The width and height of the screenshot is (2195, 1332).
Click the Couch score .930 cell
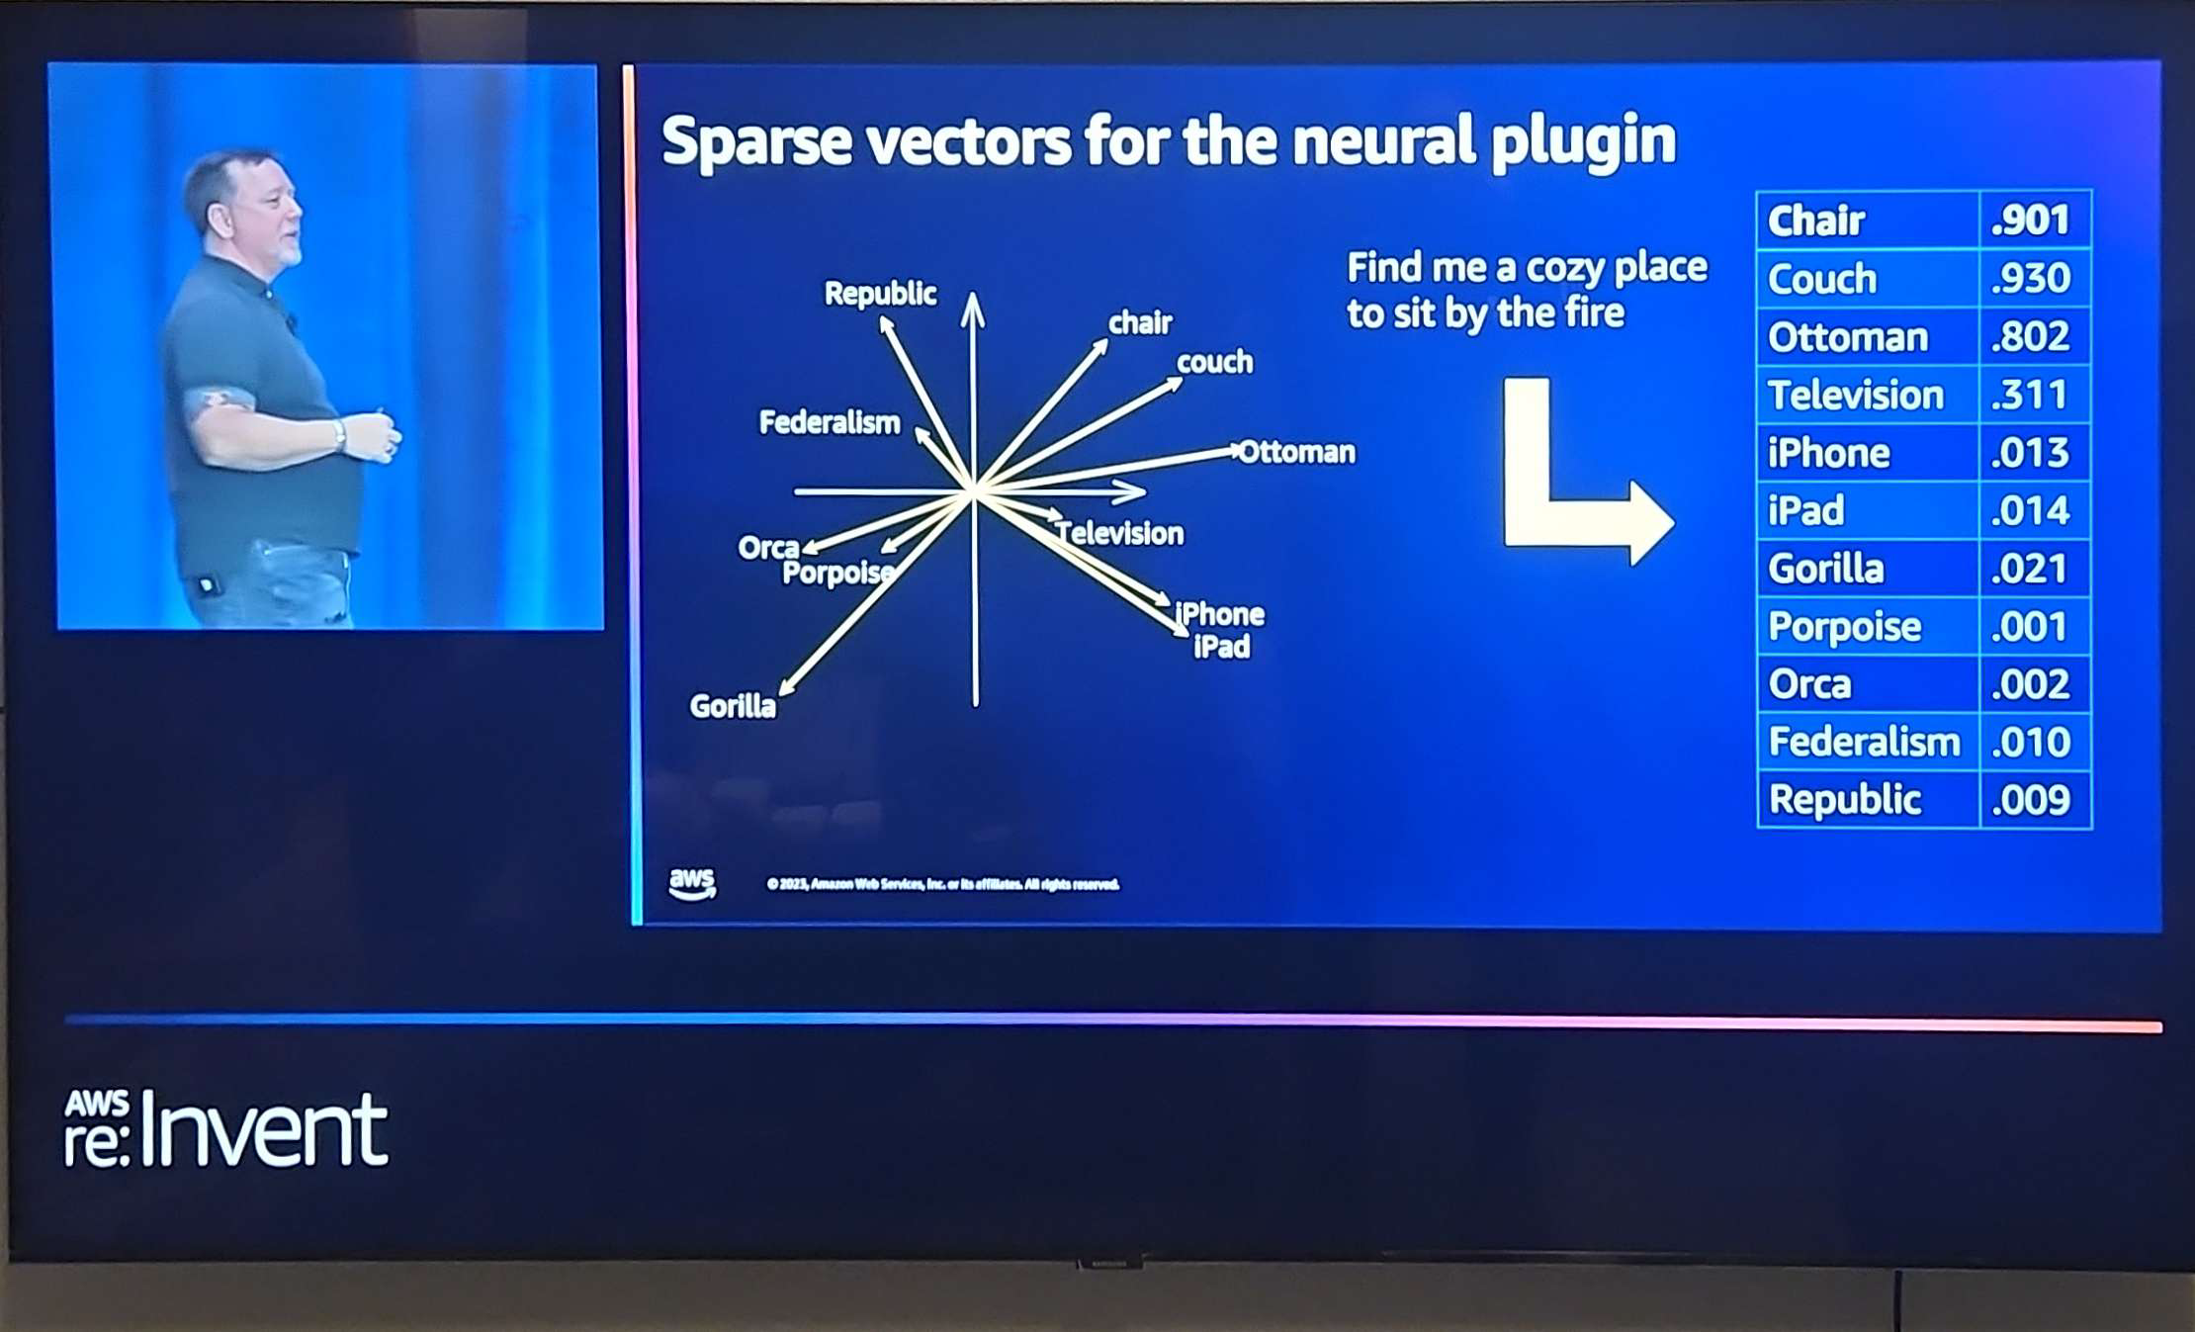pyautogui.click(x=2031, y=279)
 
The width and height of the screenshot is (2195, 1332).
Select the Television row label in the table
pyautogui.click(x=1855, y=396)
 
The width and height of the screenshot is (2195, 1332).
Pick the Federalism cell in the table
pyautogui.click(x=1864, y=742)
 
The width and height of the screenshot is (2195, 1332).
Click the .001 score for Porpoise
pyautogui.click(x=2030, y=627)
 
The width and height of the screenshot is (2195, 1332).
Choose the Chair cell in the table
pyautogui.click(x=1815, y=221)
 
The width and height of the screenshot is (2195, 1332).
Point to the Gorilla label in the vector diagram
pyautogui.click(x=733, y=706)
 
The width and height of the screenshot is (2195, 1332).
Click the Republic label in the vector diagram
pyautogui.click(x=880, y=293)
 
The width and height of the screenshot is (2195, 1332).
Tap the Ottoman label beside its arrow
pyautogui.click(x=1296, y=452)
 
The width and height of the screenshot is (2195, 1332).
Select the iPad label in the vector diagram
pyautogui.click(x=1222, y=647)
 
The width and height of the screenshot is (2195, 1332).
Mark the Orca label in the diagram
pyautogui.click(x=768, y=547)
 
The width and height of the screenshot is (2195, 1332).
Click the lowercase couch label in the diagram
pyautogui.click(x=1214, y=362)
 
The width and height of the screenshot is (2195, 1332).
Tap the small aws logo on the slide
pyautogui.click(x=691, y=883)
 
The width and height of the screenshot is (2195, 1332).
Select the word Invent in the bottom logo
pyautogui.click(x=263, y=1131)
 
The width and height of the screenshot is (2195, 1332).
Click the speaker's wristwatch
pyautogui.click(x=339, y=434)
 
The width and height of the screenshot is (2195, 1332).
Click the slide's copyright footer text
pyautogui.click(x=942, y=884)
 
